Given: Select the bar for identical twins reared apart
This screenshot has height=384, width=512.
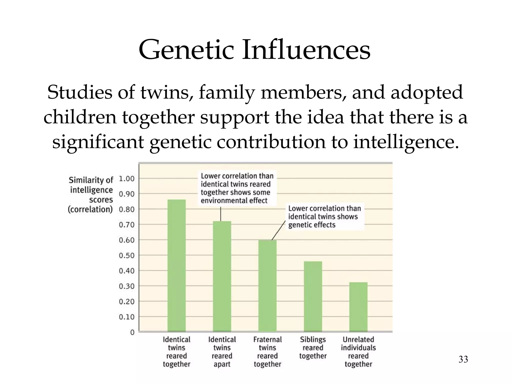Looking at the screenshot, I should pos(222,276).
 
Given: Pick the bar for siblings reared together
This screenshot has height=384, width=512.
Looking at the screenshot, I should pos(313,296).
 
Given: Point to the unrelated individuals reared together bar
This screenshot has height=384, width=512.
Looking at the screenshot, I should pos(358,307).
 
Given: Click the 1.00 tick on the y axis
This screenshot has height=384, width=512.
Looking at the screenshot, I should pos(126,179).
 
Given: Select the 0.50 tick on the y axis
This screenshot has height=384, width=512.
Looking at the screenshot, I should pos(126,255).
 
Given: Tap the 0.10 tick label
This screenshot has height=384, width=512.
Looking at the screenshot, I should pos(126,317).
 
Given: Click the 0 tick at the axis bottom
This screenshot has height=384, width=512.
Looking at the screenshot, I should pos(132,332).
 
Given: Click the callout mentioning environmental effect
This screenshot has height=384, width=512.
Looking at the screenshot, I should pos(237,188).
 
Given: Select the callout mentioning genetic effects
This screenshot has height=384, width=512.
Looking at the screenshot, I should pos(324,216).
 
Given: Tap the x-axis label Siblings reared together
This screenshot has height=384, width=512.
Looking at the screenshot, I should pos(313,348).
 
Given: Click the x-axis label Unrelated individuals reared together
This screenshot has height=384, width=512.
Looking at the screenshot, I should pos(358,352).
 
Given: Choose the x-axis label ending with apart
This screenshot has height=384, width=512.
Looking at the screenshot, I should pos(222,352).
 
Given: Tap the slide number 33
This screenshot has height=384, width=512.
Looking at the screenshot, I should pos(463,359).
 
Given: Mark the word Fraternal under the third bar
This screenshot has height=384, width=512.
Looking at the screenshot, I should pos(267,339).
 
